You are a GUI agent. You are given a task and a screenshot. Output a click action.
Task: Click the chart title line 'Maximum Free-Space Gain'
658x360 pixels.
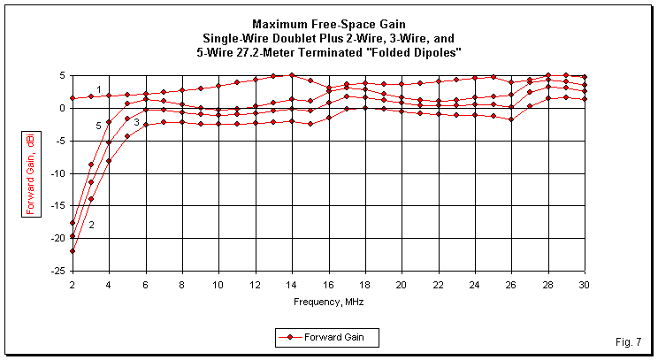coord(329,23)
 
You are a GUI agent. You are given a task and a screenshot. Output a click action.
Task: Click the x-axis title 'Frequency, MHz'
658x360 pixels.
coord(328,302)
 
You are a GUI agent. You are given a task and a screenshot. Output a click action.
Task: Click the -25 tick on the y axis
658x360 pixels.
coord(58,271)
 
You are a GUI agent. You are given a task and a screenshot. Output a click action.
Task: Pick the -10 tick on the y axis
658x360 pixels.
coord(58,173)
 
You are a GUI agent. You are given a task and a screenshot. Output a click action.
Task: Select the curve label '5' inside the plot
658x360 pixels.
coord(99,126)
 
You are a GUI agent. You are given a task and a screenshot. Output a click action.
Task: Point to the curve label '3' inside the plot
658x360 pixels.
coord(136,121)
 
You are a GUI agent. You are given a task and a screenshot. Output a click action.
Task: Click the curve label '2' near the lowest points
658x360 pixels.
coord(91,225)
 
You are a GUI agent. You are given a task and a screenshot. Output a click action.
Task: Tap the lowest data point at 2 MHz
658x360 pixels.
coord(73,251)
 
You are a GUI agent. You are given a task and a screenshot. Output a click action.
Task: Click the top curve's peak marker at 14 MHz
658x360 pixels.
coord(292,76)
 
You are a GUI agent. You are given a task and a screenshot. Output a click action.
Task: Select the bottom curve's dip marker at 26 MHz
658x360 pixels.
coord(511,119)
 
